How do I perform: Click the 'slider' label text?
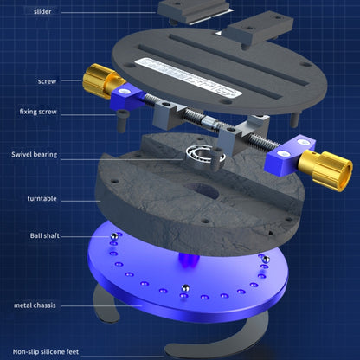pos(42,11)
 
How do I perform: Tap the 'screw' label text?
pos(47,81)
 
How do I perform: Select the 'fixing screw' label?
pos(38,112)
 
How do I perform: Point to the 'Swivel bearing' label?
pos(35,154)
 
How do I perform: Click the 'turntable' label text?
pos(42,198)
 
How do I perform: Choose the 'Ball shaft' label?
pos(45,235)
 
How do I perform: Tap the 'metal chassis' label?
pos(35,305)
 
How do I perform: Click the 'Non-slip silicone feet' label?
pos(46,352)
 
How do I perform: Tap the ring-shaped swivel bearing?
pos(205,156)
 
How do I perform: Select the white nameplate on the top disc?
pos(189,78)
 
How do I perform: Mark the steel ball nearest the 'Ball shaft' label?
pos(114,236)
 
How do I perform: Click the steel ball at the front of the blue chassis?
pos(185,288)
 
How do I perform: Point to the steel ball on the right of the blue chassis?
pos(266,259)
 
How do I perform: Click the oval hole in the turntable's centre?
pos(202,190)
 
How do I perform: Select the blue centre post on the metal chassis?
pos(189,259)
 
